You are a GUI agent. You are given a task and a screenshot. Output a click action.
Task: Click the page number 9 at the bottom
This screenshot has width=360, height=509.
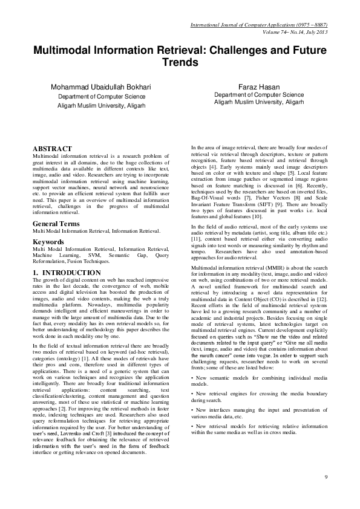point(326,478)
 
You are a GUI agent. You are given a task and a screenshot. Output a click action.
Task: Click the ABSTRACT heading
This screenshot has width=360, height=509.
point(53,148)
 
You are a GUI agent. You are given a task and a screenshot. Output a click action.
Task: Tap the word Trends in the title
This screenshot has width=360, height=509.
point(180,62)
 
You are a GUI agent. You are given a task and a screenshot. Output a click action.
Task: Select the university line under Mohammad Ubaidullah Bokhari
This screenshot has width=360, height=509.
point(102,105)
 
